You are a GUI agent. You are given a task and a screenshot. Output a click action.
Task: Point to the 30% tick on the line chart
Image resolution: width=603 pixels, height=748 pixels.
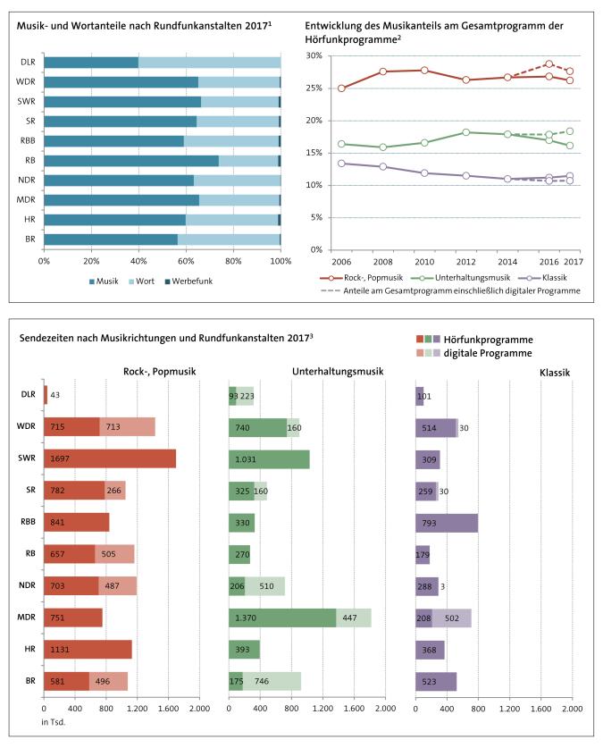point(314,55)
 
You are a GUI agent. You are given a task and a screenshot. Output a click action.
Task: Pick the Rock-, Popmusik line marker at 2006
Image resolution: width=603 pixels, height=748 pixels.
point(341,88)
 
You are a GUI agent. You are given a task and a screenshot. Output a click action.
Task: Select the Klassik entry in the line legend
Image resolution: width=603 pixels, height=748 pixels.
point(530,278)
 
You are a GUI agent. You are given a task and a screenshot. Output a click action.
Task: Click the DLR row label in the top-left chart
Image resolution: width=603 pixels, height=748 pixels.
point(29,63)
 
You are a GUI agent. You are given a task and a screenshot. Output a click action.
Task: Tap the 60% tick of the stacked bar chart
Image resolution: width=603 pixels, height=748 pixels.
point(186,261)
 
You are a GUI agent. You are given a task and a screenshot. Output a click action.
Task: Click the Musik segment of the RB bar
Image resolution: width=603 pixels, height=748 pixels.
point(131,161)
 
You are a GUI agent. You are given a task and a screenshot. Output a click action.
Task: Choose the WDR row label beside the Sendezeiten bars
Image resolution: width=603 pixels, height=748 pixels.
point(29,426)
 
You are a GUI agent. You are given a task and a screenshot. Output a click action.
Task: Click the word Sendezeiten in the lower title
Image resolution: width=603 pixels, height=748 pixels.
point(46,336)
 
